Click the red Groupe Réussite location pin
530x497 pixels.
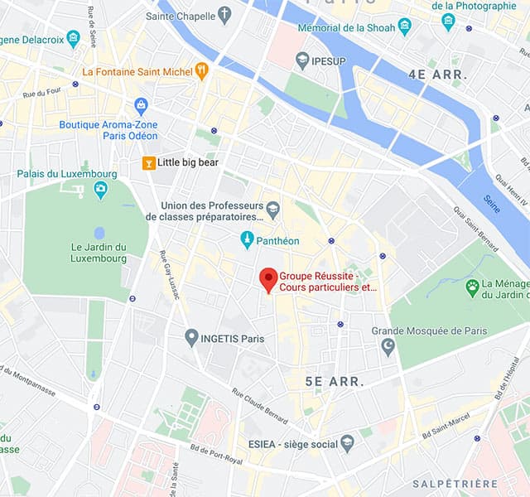pos(268,279)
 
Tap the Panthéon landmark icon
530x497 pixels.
pos(246,240)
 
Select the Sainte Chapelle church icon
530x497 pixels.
pos(224,16)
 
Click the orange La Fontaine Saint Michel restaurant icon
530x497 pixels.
pos(200,71)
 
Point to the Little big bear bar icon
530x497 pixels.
pos(148,163)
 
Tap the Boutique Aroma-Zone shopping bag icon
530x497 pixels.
pos(141,106)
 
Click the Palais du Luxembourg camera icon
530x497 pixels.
pos(100,190)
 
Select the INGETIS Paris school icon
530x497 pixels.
pos(191,338)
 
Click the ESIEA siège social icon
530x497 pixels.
pos(347,444)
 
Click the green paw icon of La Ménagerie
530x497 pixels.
pos(472,288)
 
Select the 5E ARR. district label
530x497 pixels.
pos(335,382)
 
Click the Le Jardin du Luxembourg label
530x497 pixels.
pos(99,252)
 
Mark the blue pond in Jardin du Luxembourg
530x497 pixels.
pos(99,233)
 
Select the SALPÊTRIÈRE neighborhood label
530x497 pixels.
pos(455,484)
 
